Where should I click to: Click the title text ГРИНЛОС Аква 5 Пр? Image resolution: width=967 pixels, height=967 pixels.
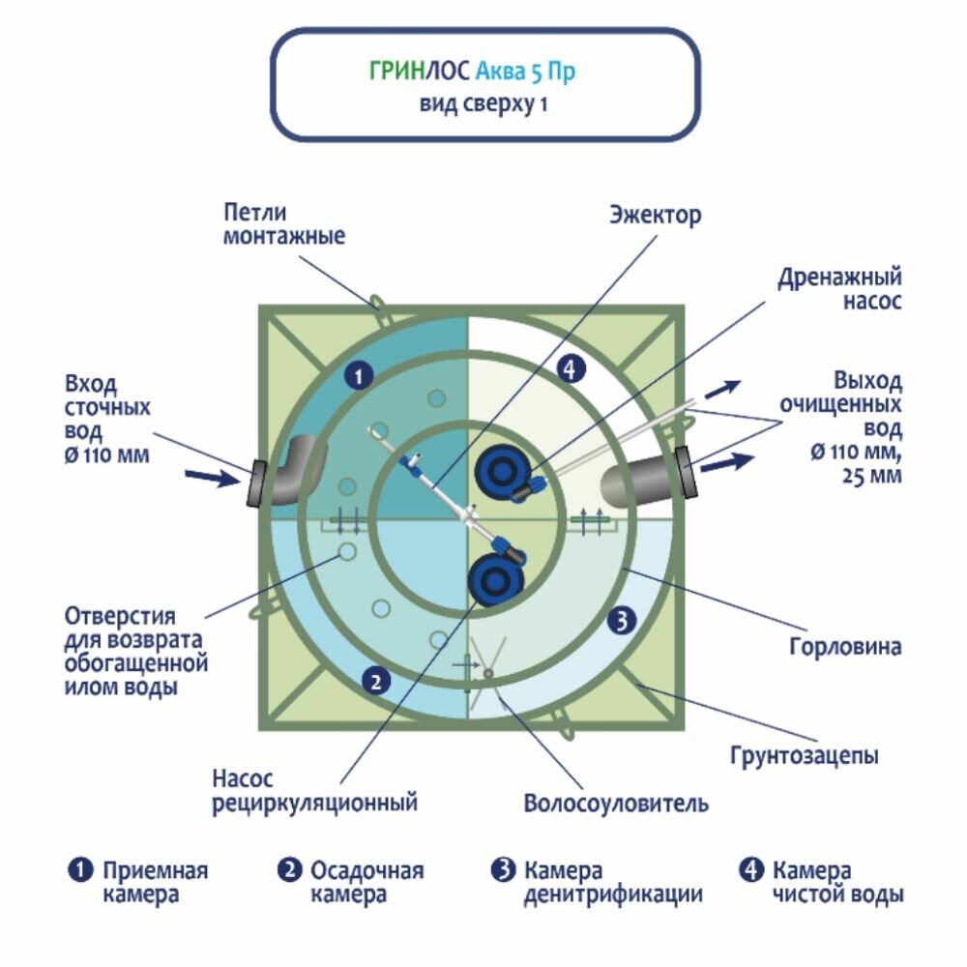pyautogui.click(x=478, y=72)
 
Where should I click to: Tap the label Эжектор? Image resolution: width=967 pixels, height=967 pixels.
pyautogui.click(x=655, y=215)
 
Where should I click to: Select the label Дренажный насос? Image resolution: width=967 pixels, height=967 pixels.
pyautogui.click(x=839, y=289)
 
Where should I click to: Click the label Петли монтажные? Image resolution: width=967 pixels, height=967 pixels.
pyautogui.click(x=283, y=223)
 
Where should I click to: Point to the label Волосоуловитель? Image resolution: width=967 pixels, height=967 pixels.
pyautogui.click(x=616, y=804)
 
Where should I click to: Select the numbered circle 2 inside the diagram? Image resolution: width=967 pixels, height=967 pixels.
pyautogui.click(x=376, y=681)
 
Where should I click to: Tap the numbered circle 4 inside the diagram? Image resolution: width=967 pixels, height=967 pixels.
pyautogui.click(x=571, y=368)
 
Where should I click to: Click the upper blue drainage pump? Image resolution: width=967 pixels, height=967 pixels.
pyautogui.click(x=503, y=471)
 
